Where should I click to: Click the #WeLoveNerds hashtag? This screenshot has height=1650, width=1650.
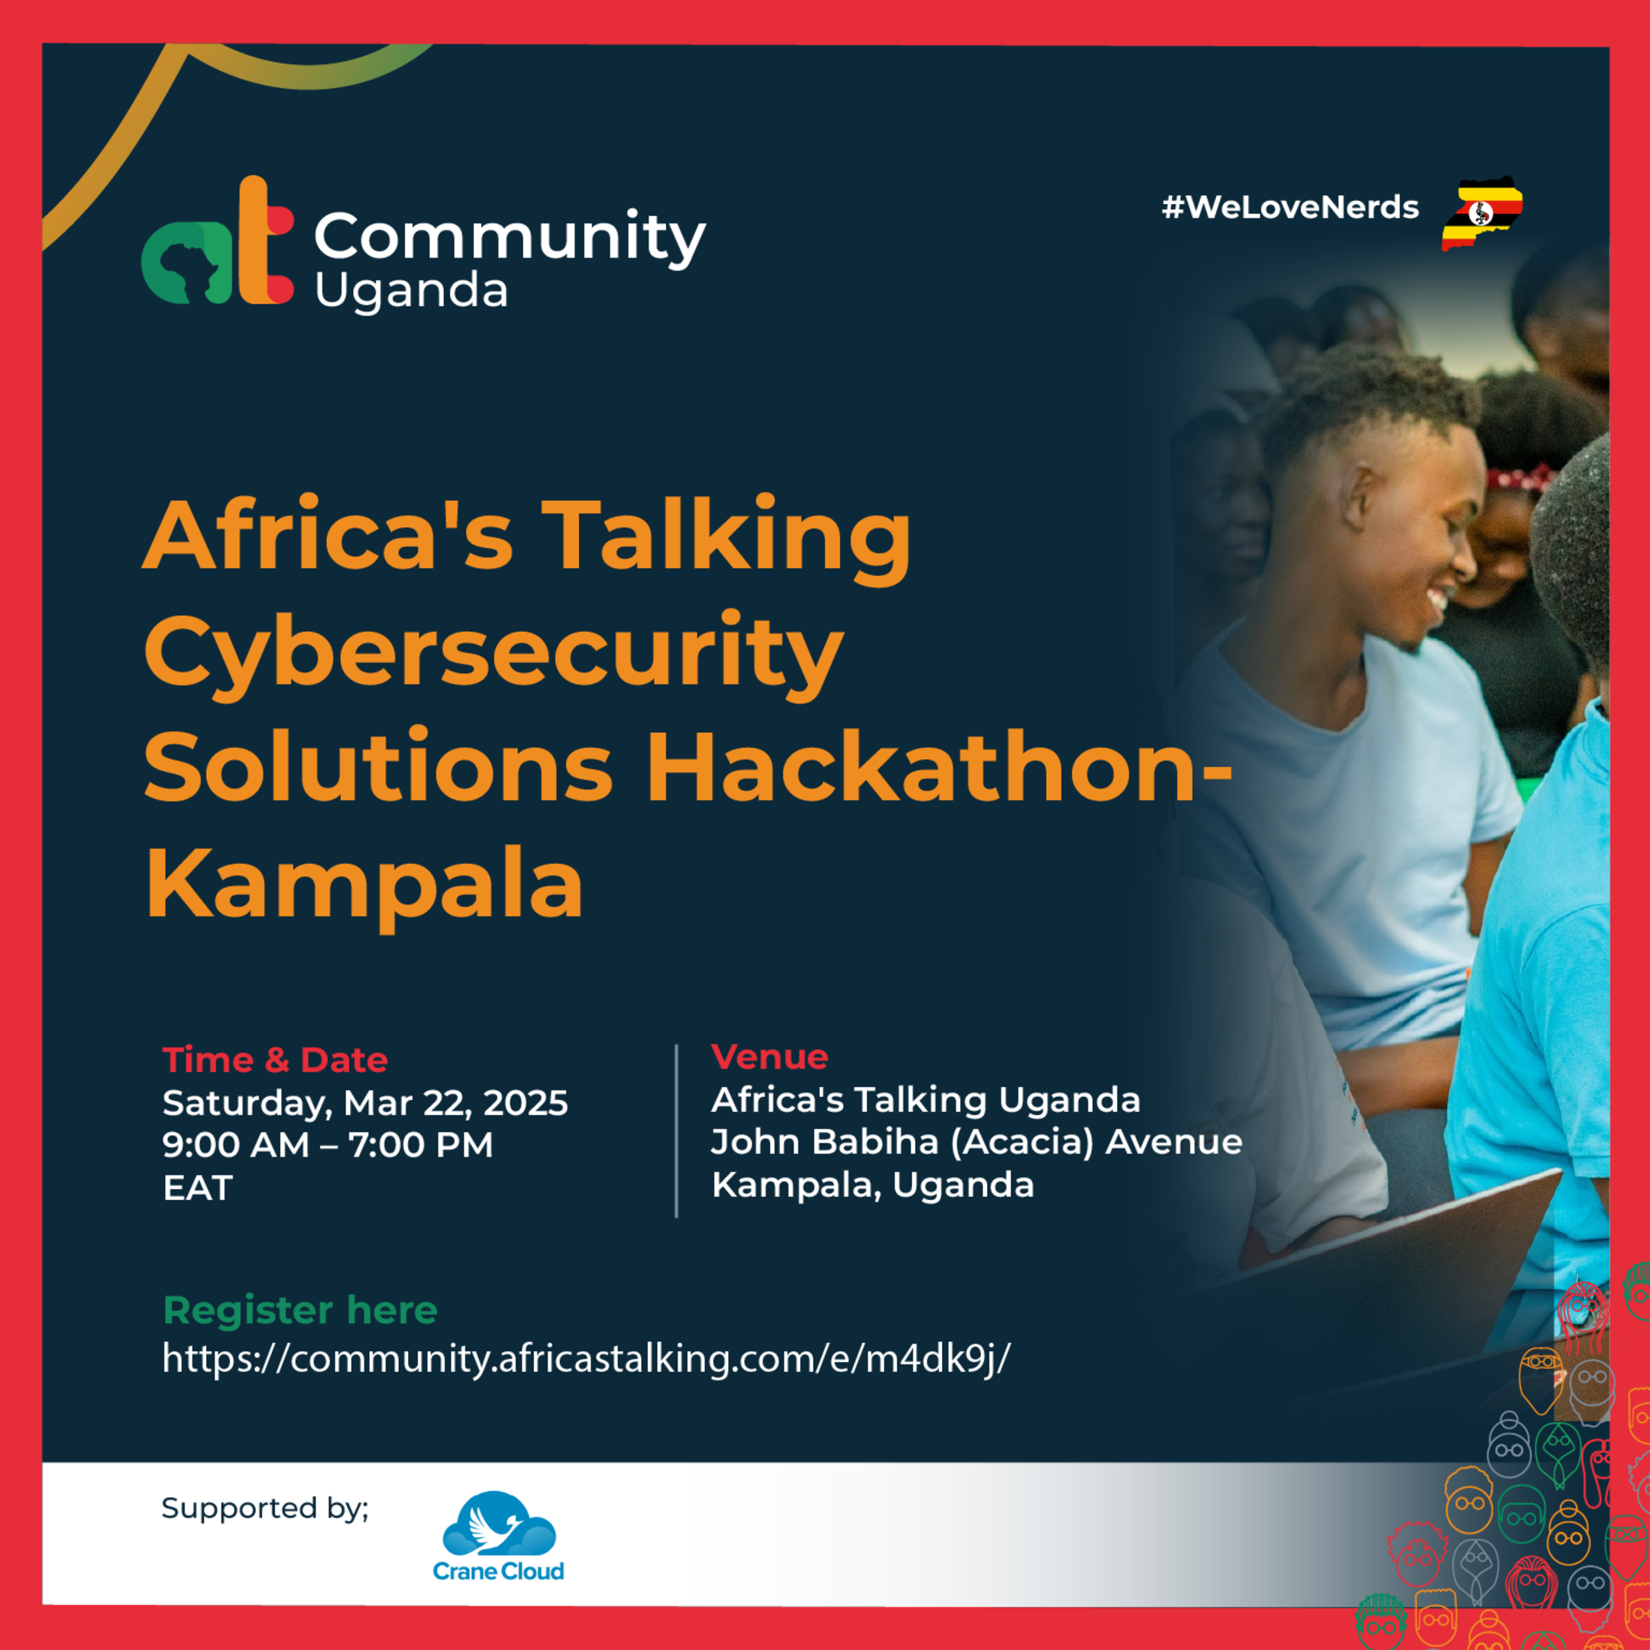pyautogui.click(x=1289, y=208)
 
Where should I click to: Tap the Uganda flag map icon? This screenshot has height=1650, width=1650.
pyautogui.click(x=1483, y=214)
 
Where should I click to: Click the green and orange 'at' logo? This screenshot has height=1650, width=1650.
pyautogui.click(x=218, y=244)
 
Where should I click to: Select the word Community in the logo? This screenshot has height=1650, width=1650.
pyautogui.click(x=510, y=237)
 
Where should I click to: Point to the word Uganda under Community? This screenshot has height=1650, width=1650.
pyautogui.click(x=411, y=292)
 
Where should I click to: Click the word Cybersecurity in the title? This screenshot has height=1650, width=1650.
pyautogui.click(x=493, y=653)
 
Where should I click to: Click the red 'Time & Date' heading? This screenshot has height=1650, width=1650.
pyautogui.click(x=275, y=1060)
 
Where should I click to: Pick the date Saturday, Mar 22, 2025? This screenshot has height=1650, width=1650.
pyautogui.click(x=364, y=1102)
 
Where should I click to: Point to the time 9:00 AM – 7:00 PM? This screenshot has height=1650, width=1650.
pyautogui.click(x=328, y=1145)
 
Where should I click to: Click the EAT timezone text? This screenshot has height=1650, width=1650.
pyautogui.click(x=197, y=1188)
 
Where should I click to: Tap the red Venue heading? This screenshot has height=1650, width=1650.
pyautogui.click(x=769, y=1057)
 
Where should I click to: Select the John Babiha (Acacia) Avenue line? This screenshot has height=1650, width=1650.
pyautogui.click(x=976, y=1142)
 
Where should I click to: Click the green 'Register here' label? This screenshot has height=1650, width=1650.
pyautogui.click(x=299, y=1310)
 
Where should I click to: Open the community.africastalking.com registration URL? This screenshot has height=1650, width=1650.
pyautogui.click(x=586, y=1359)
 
